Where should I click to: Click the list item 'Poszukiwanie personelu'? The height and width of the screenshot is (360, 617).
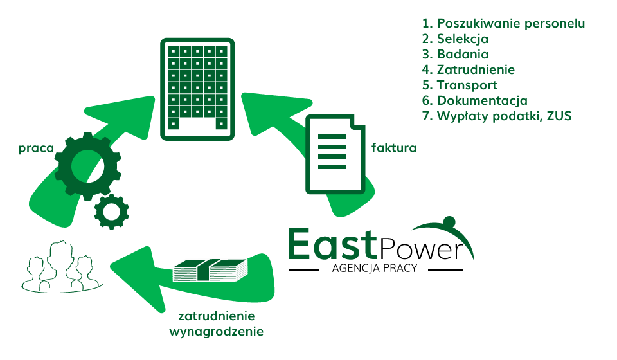click(503, 24)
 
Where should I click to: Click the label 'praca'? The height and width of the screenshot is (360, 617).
click(35, 148)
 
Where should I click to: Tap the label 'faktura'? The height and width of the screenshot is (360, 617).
click(394, 148)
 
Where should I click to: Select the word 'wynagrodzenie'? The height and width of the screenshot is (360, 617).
click(216, 332)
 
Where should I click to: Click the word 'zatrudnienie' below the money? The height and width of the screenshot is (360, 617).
click(216, 316)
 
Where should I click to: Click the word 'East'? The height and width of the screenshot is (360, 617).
click(331, 244)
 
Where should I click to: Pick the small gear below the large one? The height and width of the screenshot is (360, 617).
click(111, 210)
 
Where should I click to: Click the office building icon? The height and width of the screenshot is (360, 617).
click(197, 88)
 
